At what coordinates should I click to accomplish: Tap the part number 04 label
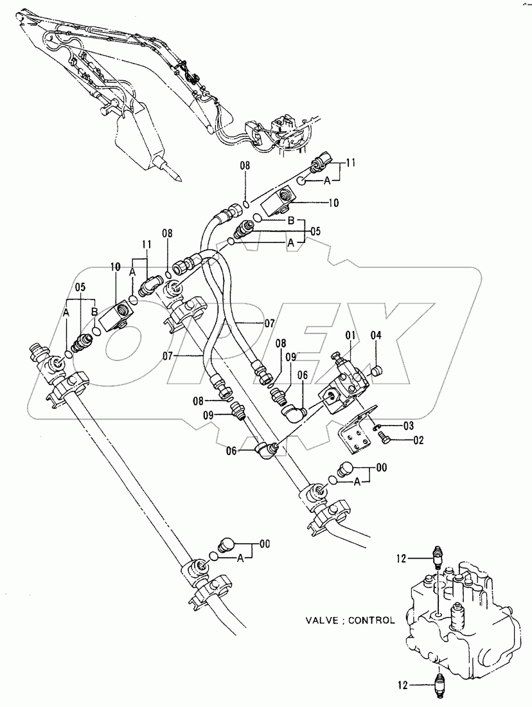point(376,334)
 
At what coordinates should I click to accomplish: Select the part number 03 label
point(390,425)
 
